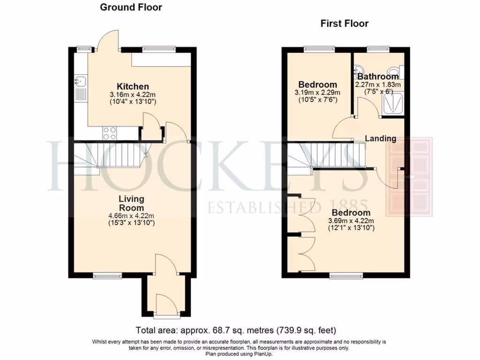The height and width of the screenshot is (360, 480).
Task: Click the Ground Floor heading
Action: pyautogui.click(x=131, y=7)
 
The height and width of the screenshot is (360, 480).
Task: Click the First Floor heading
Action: pyautogui.click(x=344, y=23)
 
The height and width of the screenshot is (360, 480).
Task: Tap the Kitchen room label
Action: pyautogui.click(x=133, y=87)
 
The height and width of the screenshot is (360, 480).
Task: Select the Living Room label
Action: pyautogui.click(x=131, y=203)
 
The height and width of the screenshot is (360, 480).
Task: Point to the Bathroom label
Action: pyautogui.click(x=378, y=76)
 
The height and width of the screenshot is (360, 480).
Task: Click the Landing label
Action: pyautogui.click(x=381, y=138)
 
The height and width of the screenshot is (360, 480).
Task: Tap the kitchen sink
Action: pyautogui.click(x=80, y=82)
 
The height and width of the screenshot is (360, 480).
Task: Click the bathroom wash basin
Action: pyautogui.click(x=361, y=72)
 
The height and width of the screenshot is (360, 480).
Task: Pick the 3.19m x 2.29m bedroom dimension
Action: pyautogui.click(x=317, y=92)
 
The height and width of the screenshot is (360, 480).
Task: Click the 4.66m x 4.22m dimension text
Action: pyautogui.click(x=131, y=216)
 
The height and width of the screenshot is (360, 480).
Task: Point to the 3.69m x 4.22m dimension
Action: pyautogui.click(x=351, y=221)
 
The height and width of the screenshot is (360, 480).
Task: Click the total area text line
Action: pyautogui.click(x=236, y=330)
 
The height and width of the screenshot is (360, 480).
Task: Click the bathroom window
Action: pyautogui.click(x=378, y=48)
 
